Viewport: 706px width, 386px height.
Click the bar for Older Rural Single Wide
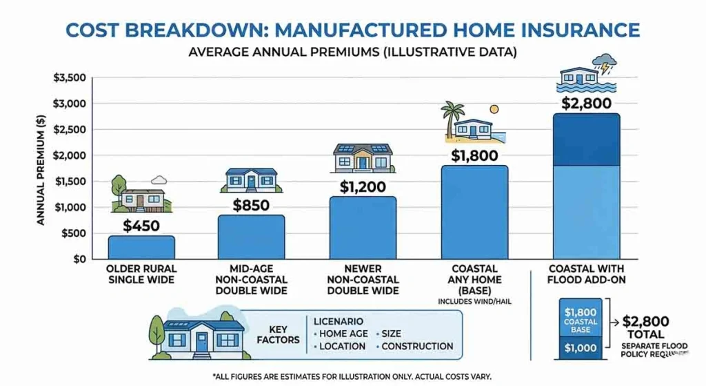click(x=141, y=247)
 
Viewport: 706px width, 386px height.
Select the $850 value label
click(x=251, y=205)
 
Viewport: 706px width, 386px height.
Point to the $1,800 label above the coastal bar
click(x=474, y=155)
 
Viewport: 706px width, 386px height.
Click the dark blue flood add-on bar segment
click(x=586, y=139)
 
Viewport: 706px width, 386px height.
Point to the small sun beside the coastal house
click(x=494, y=110)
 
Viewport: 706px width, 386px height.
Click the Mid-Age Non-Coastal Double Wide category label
click(x=251, y=279)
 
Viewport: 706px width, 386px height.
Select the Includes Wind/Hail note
click(x=474, y=302)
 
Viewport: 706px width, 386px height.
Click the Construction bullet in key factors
click(x=417, y=346)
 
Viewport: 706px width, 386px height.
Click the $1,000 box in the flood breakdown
click(x=580, y=348)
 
